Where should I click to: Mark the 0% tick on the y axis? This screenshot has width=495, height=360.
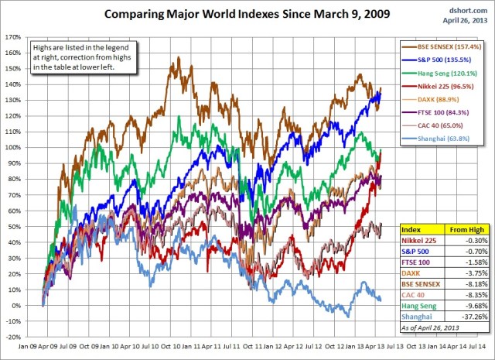tap(15, 306)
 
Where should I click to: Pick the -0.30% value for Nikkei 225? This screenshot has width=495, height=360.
tap(469, 240)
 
